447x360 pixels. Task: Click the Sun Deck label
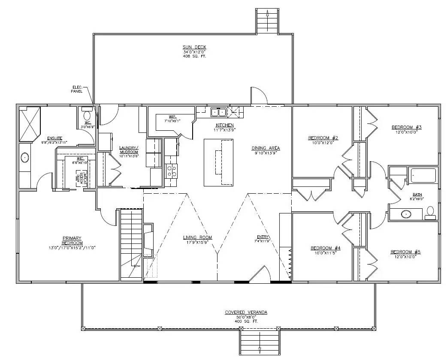point(192,48)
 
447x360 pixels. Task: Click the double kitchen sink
point(219,112)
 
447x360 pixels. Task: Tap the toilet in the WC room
point(87,115)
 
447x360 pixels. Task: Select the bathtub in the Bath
point(423,176)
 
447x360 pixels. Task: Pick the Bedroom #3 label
point(406,127)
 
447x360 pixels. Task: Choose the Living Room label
point(197,237)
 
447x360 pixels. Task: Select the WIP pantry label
point(172,116)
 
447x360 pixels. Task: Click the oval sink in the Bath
point(406,214)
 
